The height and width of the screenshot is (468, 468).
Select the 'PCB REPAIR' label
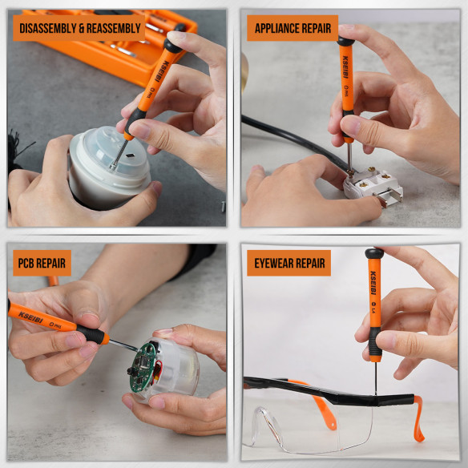point(42,262)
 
